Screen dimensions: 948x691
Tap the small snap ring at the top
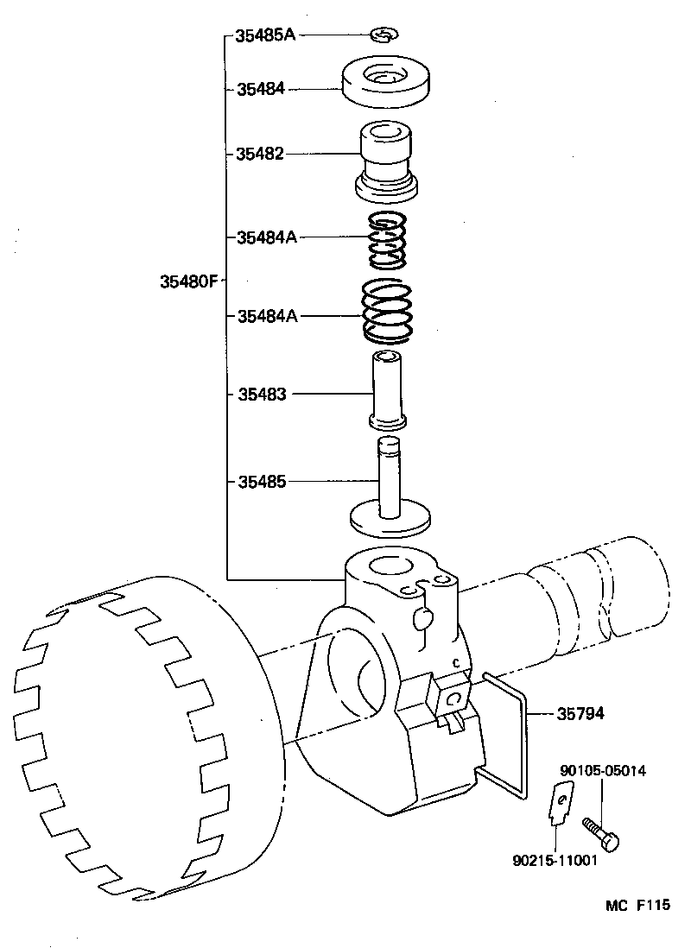(x=383, y=35)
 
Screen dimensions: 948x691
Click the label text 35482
(x=260, y=154)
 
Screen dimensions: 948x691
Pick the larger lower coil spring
(x=385, y=313)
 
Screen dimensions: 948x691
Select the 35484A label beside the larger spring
(x=267, y=316)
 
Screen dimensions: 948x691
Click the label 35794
(x=580, y=714)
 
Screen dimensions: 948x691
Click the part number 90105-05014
(x=602, y=770)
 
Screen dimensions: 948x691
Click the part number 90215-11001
(x=554, y=861)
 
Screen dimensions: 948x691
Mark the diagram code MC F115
(x=637, y=906)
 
